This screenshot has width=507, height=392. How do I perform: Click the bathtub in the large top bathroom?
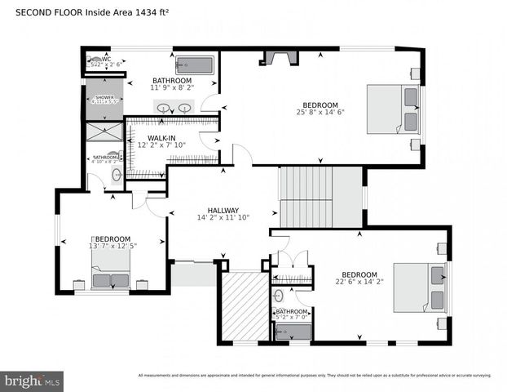pyautogui.click(x=195, y=65)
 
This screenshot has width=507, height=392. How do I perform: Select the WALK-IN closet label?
pyautogui.click(x=161, y=138)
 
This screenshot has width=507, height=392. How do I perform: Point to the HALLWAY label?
pyautogui.click(x=223, y=210)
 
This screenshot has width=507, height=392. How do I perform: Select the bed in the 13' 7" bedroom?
pyautogui.click(x=110, y=269)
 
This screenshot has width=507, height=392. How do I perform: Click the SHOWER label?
pyautogui.click(x=104, y=97)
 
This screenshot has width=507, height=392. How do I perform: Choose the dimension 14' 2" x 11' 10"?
pyautogui.click(x=223, y=218)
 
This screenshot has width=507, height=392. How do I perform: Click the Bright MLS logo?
pyautogui.click(x=33, y=380)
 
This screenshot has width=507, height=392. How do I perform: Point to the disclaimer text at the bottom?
pyautogui.click(x=315, y=376)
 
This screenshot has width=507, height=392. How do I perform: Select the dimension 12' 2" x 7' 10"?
pyautogui.click(x=161, y=145)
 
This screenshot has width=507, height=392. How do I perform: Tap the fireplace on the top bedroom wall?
pyautogui.click(x=278, y=56)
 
